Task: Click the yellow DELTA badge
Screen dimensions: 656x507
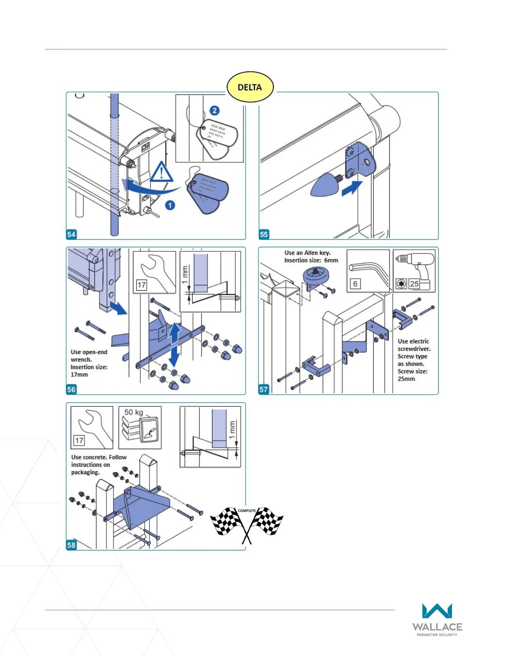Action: tap(250, 87)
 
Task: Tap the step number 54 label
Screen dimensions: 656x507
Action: tap(71, 234)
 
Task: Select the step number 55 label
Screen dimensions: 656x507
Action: tap(264, 234)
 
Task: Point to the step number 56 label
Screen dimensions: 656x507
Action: tap(71, 389)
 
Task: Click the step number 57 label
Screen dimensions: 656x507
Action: tap(263, 389)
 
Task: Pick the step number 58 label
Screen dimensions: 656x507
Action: tap(71, 545)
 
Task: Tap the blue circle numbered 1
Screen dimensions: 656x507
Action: tap(170, 205)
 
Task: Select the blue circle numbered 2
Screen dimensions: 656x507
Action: tap(214, 111)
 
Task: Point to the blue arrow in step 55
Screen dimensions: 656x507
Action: tap(352, 188)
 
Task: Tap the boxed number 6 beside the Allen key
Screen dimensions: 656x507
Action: tap(355, 284)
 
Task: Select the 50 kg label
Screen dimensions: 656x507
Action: tap(133, 412)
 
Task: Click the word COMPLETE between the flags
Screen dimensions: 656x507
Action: tap(247, 511)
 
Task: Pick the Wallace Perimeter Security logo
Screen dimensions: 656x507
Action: tap(437, 620)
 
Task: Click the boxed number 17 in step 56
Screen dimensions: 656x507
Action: tap(141, 285)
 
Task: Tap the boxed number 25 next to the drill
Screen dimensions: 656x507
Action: tap(414, 284)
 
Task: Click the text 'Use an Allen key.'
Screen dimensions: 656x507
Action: tap(307, 253)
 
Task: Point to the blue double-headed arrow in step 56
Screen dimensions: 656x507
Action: tap(175, 344)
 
